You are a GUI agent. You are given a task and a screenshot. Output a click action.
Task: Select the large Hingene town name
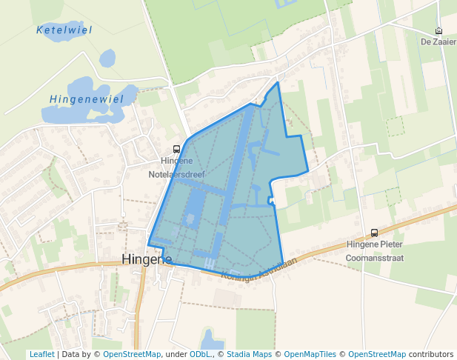click(x=146, y=259)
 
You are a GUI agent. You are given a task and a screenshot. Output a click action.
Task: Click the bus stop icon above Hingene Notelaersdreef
click(x=176, y=149)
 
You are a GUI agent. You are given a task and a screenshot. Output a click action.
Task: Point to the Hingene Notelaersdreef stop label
click(x=176, y=167)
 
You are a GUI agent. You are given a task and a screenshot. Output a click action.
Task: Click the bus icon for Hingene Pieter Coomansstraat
click(x=374, y=233)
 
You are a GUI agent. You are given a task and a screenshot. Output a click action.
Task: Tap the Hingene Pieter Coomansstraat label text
click(x=374, y=250)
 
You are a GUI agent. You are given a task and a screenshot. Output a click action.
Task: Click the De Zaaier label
click(x=438, y=41)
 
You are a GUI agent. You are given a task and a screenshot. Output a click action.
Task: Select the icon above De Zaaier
click(x=438, y=31)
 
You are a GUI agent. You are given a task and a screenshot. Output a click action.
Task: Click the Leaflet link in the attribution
click(x=41, y=354)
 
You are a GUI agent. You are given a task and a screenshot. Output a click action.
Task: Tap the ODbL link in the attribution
click(x=201, y=354)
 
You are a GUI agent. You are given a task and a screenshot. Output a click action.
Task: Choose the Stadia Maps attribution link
click(x=248, y=354)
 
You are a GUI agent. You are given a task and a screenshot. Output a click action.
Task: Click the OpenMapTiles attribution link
click(x=310, y=354)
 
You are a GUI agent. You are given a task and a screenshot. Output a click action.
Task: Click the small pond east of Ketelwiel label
click(x=107, y=57)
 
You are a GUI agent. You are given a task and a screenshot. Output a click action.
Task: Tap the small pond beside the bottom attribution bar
click(x=212, y=341)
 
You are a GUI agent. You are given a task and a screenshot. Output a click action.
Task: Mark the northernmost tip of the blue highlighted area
click(x=278, y=82)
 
